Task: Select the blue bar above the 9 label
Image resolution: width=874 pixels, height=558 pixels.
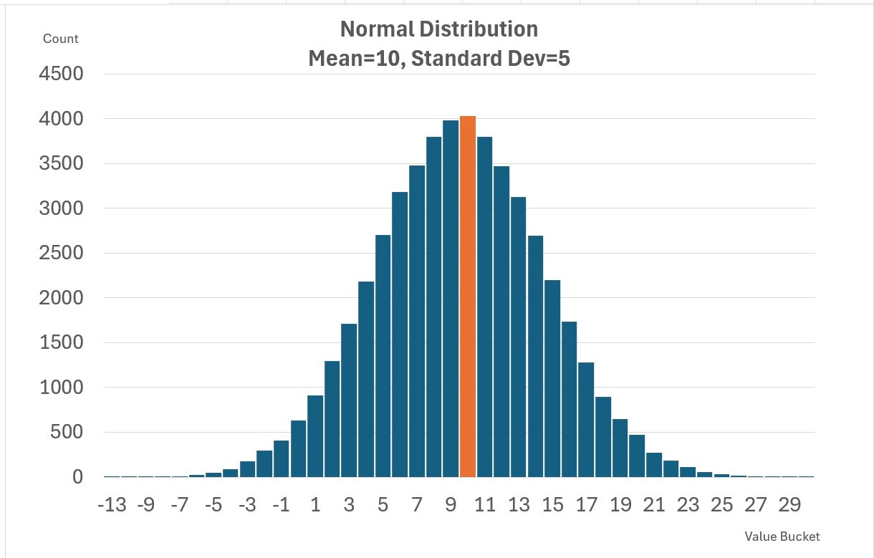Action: [x=451, y=301]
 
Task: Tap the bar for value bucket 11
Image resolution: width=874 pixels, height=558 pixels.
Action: [x=484, y=308]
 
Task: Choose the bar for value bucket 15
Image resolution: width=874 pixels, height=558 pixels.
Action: [x=552, y=380]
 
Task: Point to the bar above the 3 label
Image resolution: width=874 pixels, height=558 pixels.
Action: [x=349, y=401]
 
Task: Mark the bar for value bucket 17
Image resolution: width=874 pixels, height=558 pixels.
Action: [x=586, y=423]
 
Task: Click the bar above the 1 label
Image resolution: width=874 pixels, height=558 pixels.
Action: [x=315, y=437]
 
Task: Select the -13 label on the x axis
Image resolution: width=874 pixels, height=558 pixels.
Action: [x=111, y=505]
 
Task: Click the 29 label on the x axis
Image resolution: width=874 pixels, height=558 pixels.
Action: [x=789, y=505]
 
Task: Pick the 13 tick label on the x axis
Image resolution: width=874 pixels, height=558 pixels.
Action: [x=519, y=505]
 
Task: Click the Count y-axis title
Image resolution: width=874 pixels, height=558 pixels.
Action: [x=61, y=39]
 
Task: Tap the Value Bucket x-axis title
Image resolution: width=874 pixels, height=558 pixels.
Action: [x=782, y=537]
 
